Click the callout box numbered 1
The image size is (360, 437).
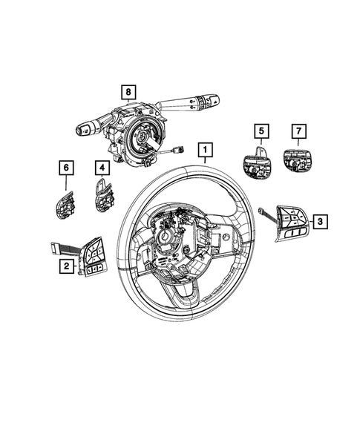(x=202, y=151)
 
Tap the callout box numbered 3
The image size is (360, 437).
(x=319, y=220)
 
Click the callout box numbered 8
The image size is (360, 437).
(x=129, y=92)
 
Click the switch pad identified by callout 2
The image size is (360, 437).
(x=95, y=258)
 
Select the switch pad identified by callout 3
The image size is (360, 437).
(x=287, y=220)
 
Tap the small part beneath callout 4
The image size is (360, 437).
(x=102, y=197)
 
